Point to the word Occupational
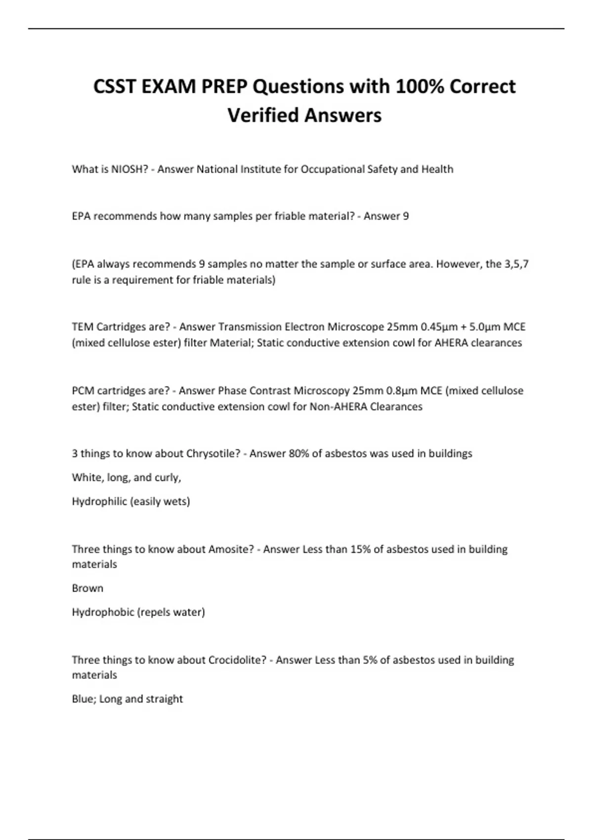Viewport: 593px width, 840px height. (x=333, y=169)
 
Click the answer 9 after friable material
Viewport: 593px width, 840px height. (x=406, y=216)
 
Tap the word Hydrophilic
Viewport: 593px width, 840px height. (x=99, y=502)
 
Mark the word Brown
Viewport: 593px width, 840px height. (x=87, y=588)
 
